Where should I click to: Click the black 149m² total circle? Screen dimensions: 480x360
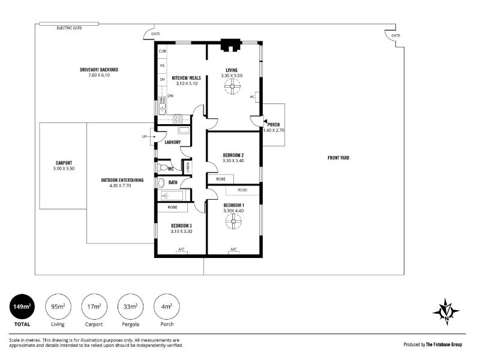tap(22, 307)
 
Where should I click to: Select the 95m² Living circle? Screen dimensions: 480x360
tap(58, 307)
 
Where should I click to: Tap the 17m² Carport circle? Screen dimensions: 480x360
tap(94, 307)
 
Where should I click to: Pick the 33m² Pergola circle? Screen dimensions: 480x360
tap(130, 307)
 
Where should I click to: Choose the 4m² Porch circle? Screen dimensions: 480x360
tap(167, 307)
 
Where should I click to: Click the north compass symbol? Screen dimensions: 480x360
tap(446, 312)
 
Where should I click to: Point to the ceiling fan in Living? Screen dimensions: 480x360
tap(232, 86)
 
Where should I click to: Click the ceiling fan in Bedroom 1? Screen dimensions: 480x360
tap(233, 221)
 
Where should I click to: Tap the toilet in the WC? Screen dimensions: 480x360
tap(163, 168)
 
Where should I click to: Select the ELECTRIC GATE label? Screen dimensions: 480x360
tap(69, 28)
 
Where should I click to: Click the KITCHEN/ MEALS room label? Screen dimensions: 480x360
tap(186, 78)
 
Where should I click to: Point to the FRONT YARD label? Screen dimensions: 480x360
tap(338, 158)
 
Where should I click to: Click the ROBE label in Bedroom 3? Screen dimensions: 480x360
tap(172, 207)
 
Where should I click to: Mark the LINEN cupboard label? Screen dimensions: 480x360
tap(188, 167)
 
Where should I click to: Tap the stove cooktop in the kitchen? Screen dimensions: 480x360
tap(178, 119)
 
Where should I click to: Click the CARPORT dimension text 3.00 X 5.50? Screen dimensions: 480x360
tap(64, 169)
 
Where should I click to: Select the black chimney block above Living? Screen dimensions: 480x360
tap(231, 46)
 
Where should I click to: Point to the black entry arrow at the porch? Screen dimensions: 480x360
tap(265, 122)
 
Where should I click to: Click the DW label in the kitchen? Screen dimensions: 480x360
tap(170, 96)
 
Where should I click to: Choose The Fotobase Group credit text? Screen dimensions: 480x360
tap(444, 344)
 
